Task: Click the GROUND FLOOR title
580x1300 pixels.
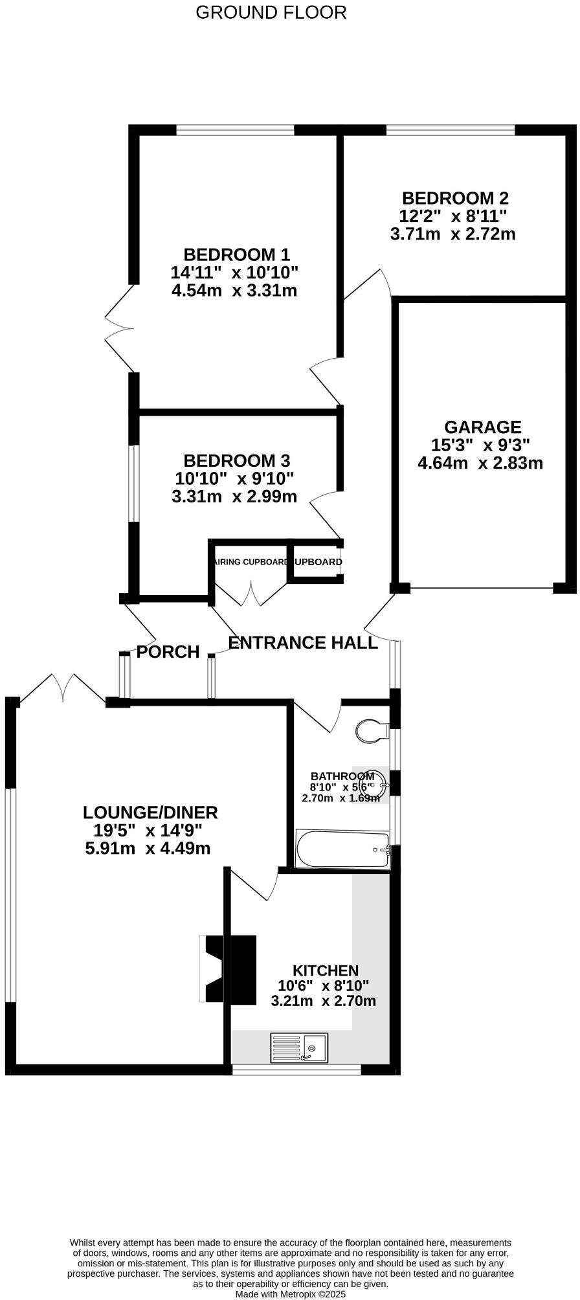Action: point(271,12)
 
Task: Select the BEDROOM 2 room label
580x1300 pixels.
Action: point(454,198)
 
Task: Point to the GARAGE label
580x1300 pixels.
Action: point(482,427)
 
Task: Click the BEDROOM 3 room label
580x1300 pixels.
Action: point(236,461)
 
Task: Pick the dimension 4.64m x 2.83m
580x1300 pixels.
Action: point(480,464)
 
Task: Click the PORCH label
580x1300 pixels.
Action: point(168,652)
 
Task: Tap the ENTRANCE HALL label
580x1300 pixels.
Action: point(303,643)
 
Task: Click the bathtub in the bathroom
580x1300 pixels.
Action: point(342,849)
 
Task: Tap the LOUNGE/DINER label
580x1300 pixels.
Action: point(150,812)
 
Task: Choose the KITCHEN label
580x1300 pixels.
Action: point(326,970)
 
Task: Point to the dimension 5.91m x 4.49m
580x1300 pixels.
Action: point(148,848)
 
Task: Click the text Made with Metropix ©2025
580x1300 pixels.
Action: point(290,1294)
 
